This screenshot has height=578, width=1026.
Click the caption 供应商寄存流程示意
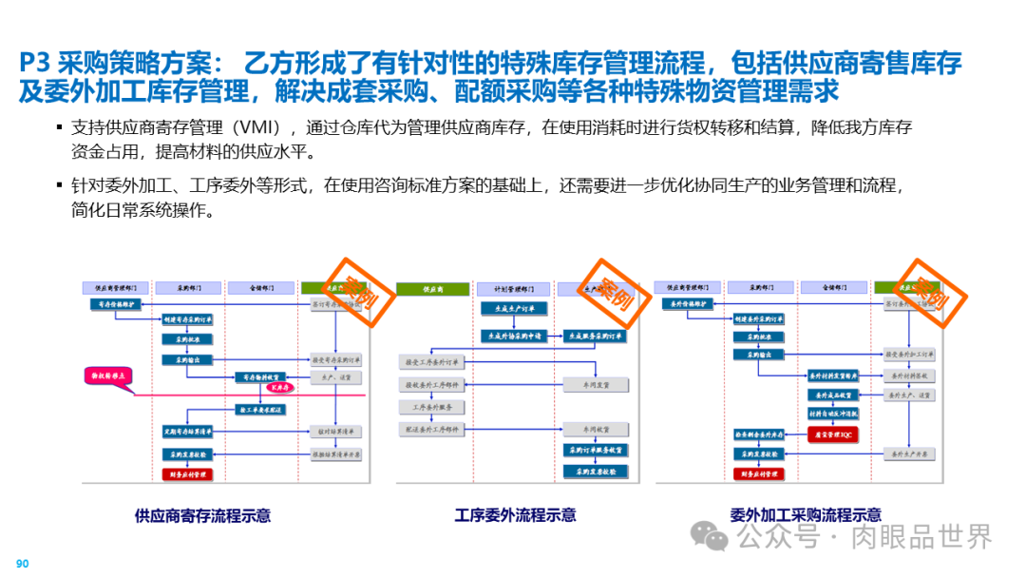[202, 516]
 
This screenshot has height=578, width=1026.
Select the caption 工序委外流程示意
[515, 515]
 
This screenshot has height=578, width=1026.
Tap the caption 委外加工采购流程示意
[805, 515]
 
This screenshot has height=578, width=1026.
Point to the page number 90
[23, 564]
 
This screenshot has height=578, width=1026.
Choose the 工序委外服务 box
[433, 407]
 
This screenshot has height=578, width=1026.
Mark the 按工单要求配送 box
[260, 409]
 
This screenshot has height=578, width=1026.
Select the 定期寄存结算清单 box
[186, 432]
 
